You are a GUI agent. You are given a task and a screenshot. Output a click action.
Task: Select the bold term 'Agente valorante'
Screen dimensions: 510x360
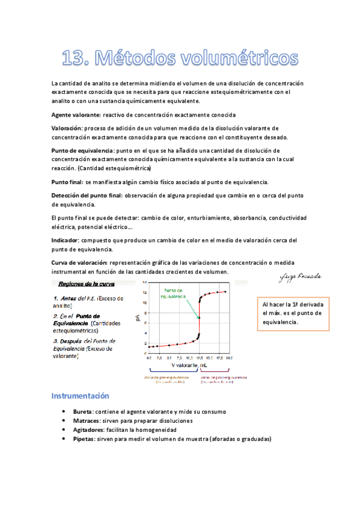[76, 114]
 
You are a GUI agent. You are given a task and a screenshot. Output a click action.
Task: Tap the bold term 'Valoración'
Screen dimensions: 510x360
[67, 128]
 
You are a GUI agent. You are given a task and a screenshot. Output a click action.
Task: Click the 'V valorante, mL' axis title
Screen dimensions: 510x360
[189, 365]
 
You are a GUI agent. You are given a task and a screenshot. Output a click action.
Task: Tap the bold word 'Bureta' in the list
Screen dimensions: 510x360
[82, 412]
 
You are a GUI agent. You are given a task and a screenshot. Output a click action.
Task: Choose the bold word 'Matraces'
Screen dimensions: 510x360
[86, 421]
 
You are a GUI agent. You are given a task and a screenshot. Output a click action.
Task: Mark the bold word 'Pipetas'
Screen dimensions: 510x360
[84, 439]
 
